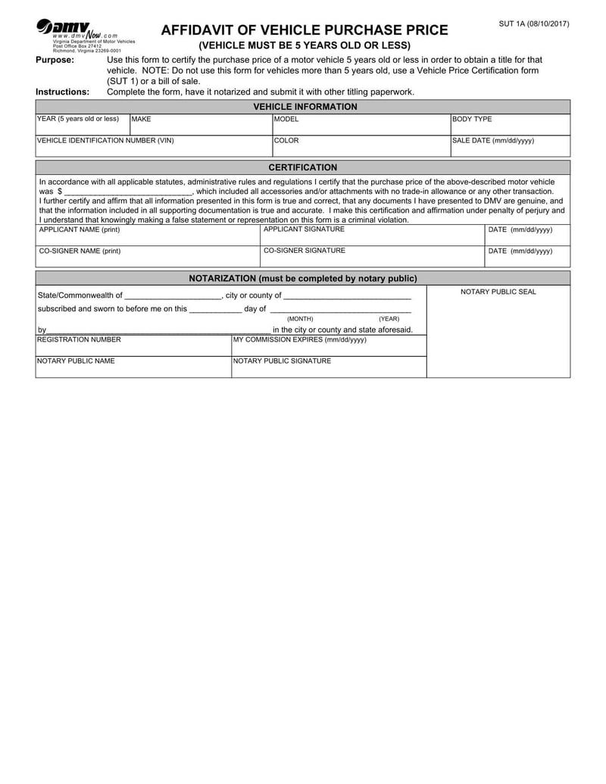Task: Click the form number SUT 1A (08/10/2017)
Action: (x=533, y=24)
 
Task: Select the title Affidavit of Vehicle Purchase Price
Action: (x=305, y=30)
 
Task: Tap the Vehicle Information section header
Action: (x=305, y=107)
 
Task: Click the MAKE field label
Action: (x=142, y=119)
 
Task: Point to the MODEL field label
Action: (x=286, y=119)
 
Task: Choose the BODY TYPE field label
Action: (x=472, y=119)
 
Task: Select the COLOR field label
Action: (x=286, y=140)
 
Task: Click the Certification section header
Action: (x=303, y=167)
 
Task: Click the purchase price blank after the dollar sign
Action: (x=129, y=192)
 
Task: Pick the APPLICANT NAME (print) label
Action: (x=79, y=229)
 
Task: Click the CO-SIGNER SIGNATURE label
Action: (x=305, y=250)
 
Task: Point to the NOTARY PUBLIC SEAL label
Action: (x=498, y=292)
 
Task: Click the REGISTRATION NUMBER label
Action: (x=79, y=339)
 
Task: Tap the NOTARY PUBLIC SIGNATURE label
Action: (x=282, y=361)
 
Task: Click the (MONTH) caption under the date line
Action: (x=300, y=319)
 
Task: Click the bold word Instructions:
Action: (x=62, y=92)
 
